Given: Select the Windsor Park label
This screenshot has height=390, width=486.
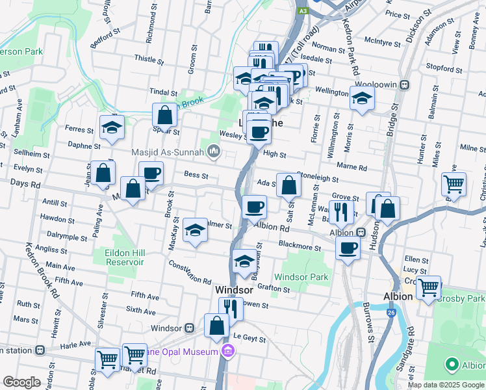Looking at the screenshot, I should tap(301, 277).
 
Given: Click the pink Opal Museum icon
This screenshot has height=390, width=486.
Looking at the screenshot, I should tap(227, 352).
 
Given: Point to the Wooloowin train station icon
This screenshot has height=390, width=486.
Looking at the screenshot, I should tap(404, 84).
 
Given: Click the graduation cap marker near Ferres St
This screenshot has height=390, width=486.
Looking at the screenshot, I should tap(112, 127).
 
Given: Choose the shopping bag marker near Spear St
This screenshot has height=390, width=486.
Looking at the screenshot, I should tap(166, 115).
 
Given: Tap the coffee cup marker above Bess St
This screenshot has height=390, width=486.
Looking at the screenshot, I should tap(151, 174).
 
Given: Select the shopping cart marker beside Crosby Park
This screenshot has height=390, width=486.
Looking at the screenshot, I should tap(429, 287).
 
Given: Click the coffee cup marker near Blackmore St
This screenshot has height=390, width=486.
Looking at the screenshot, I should tap(348, 248).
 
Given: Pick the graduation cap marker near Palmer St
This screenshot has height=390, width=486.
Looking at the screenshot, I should tap(195, 230).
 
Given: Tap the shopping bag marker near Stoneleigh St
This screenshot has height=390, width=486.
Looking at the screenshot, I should tap(288, 185).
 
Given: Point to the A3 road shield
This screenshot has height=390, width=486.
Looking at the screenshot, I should tap(303, 11).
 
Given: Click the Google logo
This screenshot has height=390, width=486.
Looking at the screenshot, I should tap(22, 382).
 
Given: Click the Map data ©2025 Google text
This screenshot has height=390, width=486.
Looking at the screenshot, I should tap(445, 385).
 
